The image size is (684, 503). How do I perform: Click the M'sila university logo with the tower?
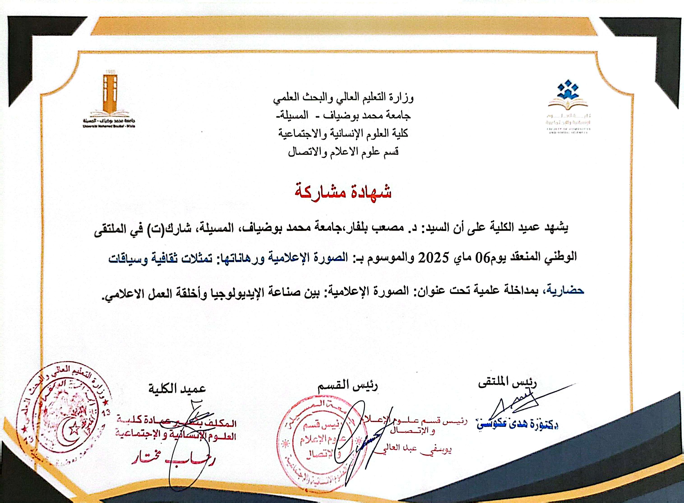tap(110, 100)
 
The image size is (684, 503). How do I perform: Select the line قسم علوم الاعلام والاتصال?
tap(343, 151)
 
